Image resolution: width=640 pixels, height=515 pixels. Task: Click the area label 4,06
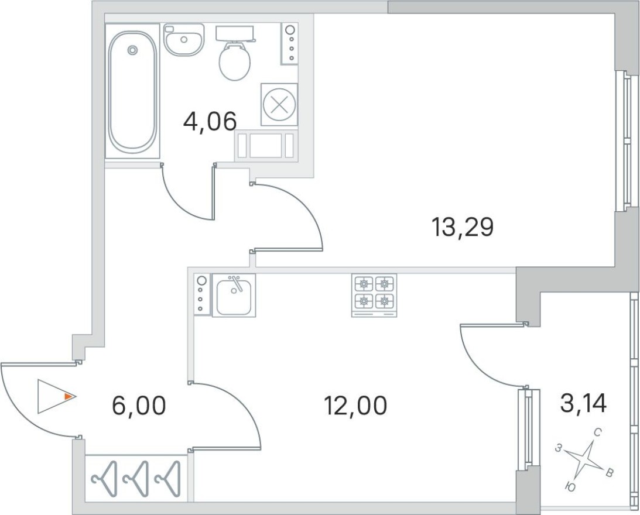209,122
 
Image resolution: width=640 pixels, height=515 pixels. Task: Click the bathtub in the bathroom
133,91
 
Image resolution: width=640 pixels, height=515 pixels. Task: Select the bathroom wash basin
183,39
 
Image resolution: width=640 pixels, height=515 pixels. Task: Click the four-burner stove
374,293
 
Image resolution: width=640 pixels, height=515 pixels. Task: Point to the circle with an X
279,105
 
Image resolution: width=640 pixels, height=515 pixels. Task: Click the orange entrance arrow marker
69,397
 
